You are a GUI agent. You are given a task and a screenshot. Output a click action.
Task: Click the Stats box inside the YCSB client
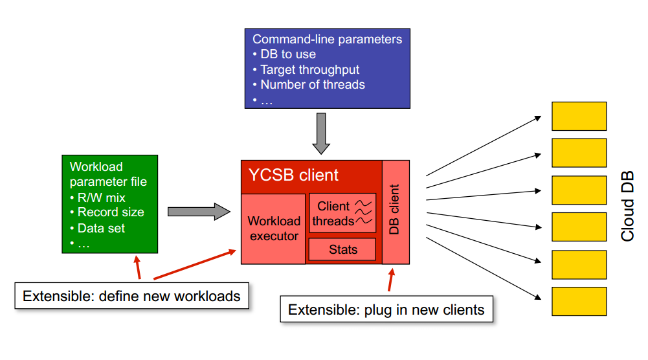coord(342,249)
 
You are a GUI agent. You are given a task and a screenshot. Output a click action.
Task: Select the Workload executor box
coord(274,229)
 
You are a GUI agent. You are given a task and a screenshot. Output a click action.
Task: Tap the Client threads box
coord(342,213)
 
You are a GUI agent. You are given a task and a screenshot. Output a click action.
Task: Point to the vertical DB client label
coord(394,210)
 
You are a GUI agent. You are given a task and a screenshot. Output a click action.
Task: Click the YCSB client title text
coord(293,175)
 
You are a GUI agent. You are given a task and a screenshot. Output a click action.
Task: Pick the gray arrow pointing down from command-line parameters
coord(321,133)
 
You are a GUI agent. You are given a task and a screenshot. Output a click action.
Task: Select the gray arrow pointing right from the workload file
coord(199,212)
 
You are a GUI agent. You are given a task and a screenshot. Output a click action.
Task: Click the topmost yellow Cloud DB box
coord(579,116)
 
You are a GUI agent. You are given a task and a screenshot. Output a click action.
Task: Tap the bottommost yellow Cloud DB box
coord(579,301)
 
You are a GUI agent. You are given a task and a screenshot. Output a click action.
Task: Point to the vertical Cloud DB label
coord(627,206)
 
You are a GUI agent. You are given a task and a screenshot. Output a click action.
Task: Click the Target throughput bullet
coord(306,69)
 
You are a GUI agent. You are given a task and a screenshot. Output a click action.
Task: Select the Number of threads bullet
coord(309,85)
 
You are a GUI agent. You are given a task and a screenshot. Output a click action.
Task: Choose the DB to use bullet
coord(284,54)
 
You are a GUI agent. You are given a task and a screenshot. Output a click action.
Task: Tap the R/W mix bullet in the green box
coord(98,197)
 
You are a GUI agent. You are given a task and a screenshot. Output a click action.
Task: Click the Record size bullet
coord(107,212)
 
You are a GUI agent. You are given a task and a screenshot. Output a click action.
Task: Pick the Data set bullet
coord(98,228)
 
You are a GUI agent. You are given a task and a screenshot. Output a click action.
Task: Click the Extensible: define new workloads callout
coord(132,296)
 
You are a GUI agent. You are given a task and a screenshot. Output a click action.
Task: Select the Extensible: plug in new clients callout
coord(386,309)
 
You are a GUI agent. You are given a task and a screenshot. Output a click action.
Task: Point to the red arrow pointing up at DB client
coord(391,280)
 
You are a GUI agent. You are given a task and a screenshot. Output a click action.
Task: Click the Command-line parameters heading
coord(328,39)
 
